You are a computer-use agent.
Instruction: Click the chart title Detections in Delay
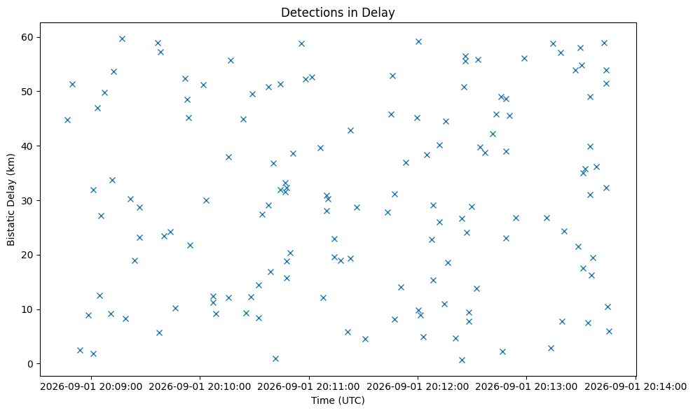[x=338, y=13]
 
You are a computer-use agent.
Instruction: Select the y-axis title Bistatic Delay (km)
[x=11, y=199]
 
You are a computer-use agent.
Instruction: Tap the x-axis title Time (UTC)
[x=338, y=400]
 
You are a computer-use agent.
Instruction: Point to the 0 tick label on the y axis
[x=31, y=364]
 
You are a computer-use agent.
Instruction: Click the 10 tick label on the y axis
[x=28, y=309]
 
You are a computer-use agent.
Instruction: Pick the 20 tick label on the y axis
[x=28, y=255]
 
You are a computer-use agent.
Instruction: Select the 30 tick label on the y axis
[x=28, y=200]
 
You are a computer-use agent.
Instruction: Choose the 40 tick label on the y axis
[x=28, y=146]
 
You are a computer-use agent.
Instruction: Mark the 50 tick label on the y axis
[x=28, y=92]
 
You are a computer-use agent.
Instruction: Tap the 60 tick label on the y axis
[x=28, y=37]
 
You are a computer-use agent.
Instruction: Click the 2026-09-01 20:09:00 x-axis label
[x=92, y=387]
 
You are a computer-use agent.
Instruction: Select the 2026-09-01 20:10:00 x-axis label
[x=200, y=387]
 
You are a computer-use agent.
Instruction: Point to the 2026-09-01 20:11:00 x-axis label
[x=309, y=387]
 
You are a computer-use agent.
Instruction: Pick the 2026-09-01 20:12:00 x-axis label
[x=418, y=387]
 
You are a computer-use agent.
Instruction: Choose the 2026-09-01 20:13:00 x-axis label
[x=527, y=387]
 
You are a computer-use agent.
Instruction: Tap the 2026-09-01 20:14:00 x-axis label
[x=636, y=387]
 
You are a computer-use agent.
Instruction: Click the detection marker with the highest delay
[x=123, y=39]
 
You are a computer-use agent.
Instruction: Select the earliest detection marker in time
[x=68, y=120]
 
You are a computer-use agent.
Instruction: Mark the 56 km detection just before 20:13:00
[x=525, y=58]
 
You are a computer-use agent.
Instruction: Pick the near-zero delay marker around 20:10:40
[x=276, y=358]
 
